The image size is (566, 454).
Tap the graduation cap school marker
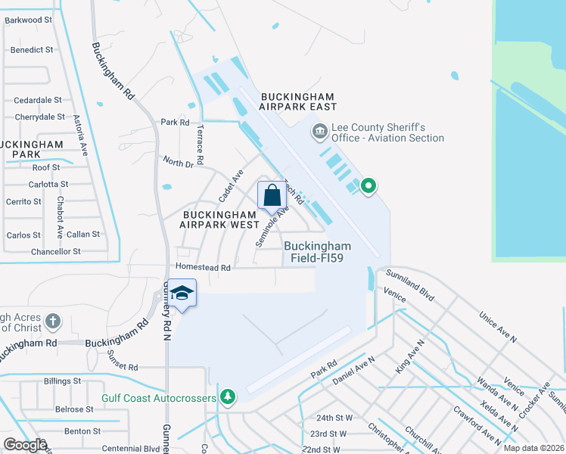(182, 292)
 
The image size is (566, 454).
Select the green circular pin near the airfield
(369, 185)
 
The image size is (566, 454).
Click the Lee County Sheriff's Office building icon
(319, 132)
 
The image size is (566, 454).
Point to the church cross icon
(53, 322)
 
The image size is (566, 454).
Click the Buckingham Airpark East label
(297, 102)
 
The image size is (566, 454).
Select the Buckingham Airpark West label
(219, 219)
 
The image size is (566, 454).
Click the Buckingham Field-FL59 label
(318, 252)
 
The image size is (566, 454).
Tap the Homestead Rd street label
(203, 268)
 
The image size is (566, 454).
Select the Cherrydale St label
(39, 117)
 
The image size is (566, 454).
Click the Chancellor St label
(56, 252)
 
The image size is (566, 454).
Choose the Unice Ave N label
(497, 326)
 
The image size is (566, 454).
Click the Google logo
(25, 445)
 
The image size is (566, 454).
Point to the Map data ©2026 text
(533, 448)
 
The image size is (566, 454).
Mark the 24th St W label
(334, 418)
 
